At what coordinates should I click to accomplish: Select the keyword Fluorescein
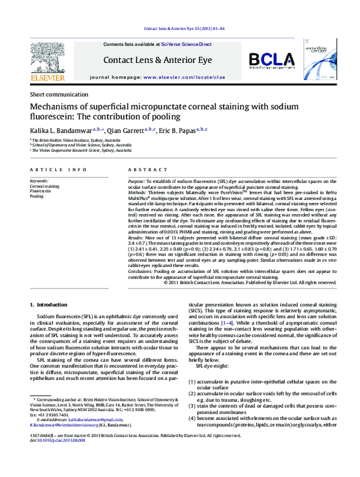click(x=41, y=191)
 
